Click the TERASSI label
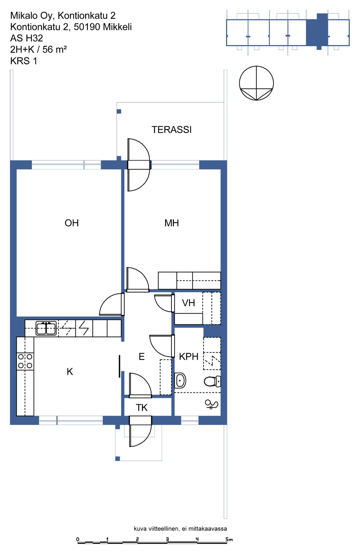pos(171,130)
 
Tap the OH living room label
pos(72,223)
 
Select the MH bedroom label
pos(171,223)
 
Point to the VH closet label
pos(188,303)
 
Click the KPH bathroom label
pos(189,357)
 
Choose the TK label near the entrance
pos(141,408)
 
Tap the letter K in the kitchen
pos(70,372)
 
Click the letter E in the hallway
pos(141,357)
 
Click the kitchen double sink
pos(46,328)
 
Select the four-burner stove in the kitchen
pos(25,361)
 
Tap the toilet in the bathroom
pos(212,381)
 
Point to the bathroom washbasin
pos(180,380)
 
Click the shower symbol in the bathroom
pos(211,404)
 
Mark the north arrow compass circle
pos(256,83)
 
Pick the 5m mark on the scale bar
pos(229,539)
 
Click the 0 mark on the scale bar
pos(78,539)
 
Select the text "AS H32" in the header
pos(27,38)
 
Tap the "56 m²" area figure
pos(55,49)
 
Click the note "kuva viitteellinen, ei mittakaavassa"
pos(180,529)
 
